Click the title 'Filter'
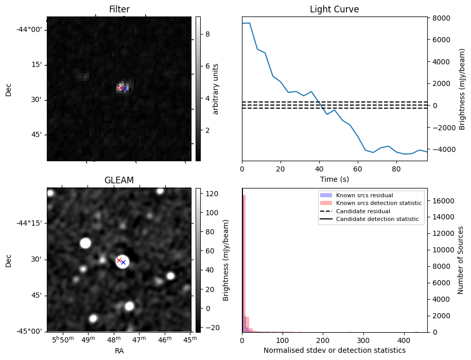119,9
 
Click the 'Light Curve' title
334,9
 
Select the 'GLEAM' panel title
119,180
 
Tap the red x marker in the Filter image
120,88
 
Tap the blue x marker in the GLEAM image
123,262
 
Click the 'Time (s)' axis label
334,179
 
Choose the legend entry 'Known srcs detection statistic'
378,203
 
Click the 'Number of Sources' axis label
461,260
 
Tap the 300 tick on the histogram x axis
363,340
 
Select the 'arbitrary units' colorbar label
216,89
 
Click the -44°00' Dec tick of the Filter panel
29,29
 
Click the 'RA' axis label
119,350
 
